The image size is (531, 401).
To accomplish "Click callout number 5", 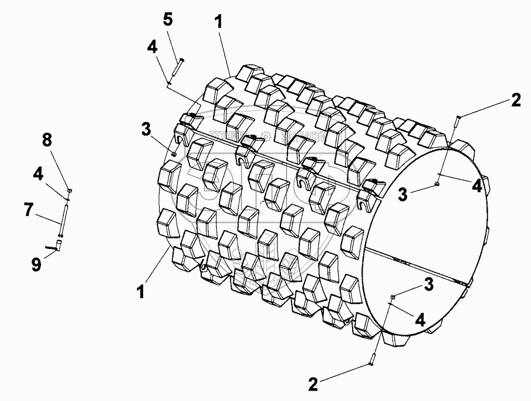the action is click(167, 19).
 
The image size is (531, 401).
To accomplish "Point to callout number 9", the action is click(36, 265).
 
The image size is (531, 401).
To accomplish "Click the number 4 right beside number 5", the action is click(153, 46).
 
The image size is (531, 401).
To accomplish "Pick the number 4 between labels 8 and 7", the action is click(37, 174).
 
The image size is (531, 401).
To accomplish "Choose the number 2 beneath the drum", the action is click(313, 385).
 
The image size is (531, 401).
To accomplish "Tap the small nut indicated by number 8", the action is click(70, 191).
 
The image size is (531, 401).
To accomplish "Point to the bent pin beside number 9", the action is click(54, 247).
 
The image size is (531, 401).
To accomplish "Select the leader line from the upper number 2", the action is click(484, 109).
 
